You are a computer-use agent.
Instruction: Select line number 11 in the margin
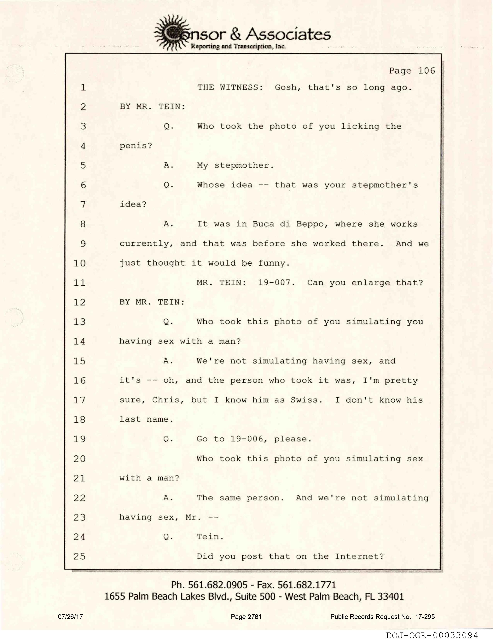(79, 283)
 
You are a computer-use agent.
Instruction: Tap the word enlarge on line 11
(371, 283)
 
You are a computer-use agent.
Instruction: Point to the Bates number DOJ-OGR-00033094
(432, 635)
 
